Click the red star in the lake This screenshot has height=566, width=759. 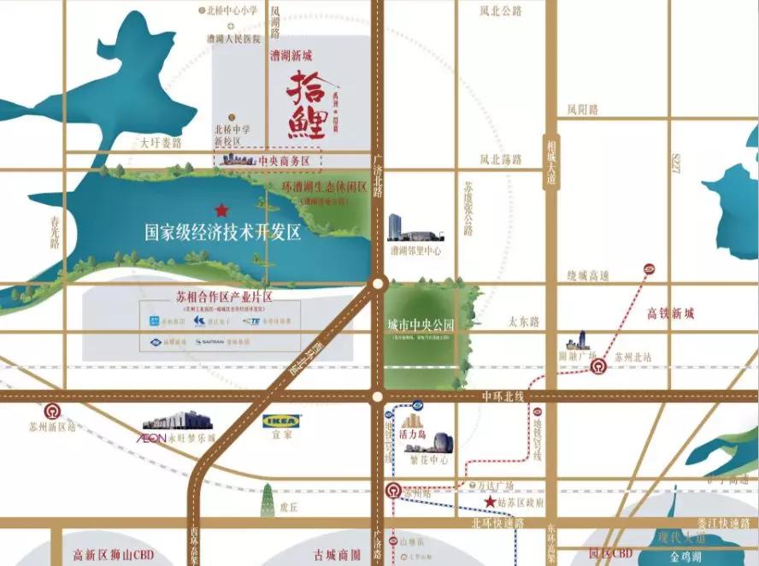click(x=221, y=209)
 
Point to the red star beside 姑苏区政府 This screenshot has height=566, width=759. click(x=490, y=501)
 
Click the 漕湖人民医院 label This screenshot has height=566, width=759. click(x=232, y=38)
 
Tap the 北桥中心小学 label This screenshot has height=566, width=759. click(x=232, y=11)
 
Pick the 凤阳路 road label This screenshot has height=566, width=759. click(x=582, y=109)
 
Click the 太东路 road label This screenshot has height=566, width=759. click(x=524, y=321)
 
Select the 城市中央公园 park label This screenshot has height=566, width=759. click(x=420, y=325)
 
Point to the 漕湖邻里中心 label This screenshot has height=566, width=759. click(x=415, y=251)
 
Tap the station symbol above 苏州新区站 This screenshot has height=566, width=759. click(x=53, y=410)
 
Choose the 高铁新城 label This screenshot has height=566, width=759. click(x=671, y=314)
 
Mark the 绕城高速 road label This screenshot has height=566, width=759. click(x=588, y=275)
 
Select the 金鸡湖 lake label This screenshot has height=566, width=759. click(x=680, y=557)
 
